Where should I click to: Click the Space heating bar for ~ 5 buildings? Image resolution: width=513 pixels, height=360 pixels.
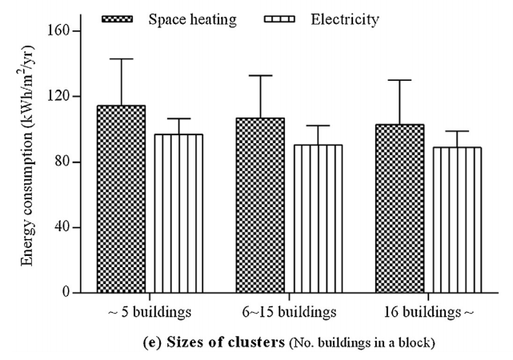(121, 199)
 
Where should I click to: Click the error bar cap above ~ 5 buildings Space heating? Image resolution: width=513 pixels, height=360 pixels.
(121, 58)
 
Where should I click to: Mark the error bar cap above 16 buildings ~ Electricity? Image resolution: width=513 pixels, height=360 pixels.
(457, 131)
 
